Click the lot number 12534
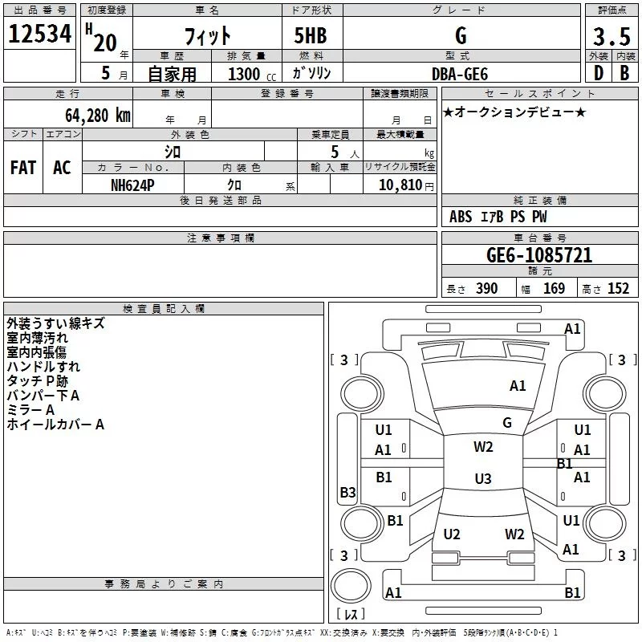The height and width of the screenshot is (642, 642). (39, 34)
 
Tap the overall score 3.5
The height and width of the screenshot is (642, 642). (612, 36)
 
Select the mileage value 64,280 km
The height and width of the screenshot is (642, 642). (98, 116)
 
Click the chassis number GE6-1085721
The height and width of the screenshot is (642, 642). (539, 255)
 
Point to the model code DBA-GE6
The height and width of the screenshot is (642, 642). (460, 74)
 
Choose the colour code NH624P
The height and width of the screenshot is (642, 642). (132, 185)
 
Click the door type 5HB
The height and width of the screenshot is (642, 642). (311, 35)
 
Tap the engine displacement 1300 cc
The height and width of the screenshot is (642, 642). (252, 74)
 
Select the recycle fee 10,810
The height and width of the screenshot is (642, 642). (400, 185)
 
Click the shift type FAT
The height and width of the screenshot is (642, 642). (23, 168)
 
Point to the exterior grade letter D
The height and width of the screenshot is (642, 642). (599, 73)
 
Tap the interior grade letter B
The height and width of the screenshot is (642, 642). (624, 73)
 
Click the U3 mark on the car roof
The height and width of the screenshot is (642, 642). (483, 478)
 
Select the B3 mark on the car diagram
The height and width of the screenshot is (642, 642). (347, 493)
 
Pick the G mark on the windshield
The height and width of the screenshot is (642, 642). (507, 423)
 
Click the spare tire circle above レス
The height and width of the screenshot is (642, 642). (351, 586)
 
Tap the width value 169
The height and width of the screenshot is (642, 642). (554, 289)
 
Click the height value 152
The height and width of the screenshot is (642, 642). (618, 289)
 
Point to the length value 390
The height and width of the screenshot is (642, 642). (487, 289)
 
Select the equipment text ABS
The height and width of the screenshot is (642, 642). (461, 217)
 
